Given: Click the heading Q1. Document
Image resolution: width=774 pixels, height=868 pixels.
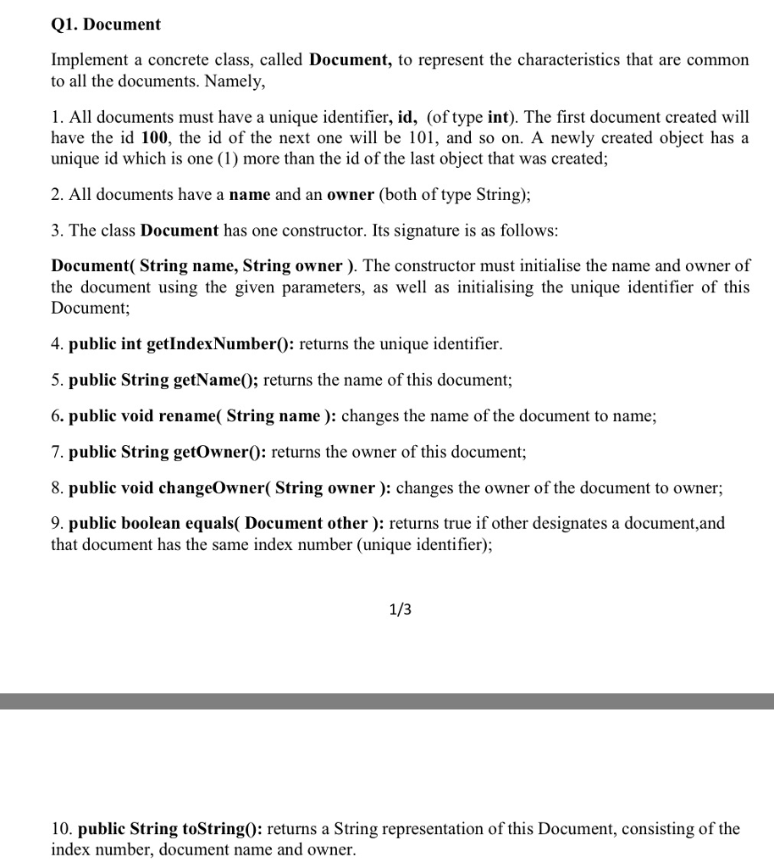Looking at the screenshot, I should pos(106,25).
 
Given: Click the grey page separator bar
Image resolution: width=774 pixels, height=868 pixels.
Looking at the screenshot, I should pos(387,701).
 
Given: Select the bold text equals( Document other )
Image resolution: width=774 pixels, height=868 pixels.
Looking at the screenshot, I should pos(296,523).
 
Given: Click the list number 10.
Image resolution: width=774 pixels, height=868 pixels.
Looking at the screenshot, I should pos(61,828).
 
